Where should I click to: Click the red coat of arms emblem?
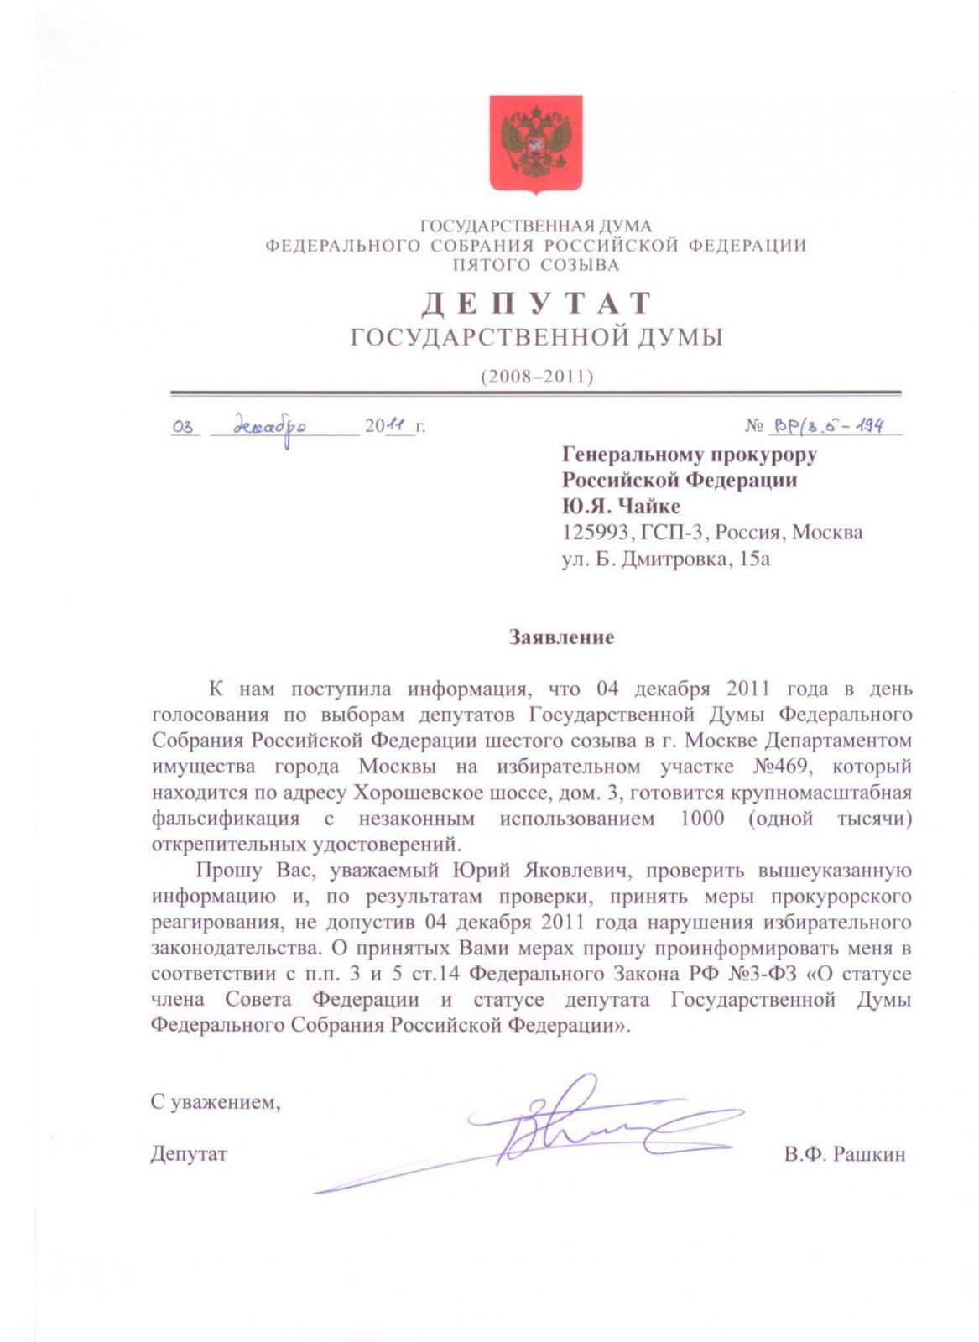pos(536,144)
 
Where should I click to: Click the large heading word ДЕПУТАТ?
pos(536,303)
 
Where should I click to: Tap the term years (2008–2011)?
pos(536,377)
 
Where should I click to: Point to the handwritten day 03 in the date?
pos(183,427)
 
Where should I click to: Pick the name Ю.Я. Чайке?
pos(621,506)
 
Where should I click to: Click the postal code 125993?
pos(594,533)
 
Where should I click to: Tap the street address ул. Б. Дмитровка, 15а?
pos(665,559)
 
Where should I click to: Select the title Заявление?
pos(561,637)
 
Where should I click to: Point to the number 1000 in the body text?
pos(702,819)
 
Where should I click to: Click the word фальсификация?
pos(225,819)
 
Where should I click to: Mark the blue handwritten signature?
pos(579,1128)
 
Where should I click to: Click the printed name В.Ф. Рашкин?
pos(844,1154)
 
